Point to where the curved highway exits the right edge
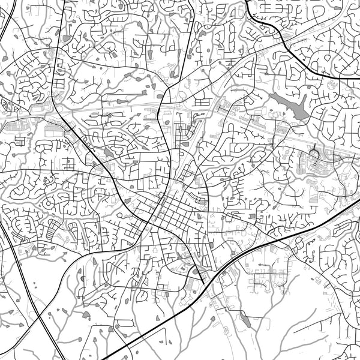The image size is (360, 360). [358, 77]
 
